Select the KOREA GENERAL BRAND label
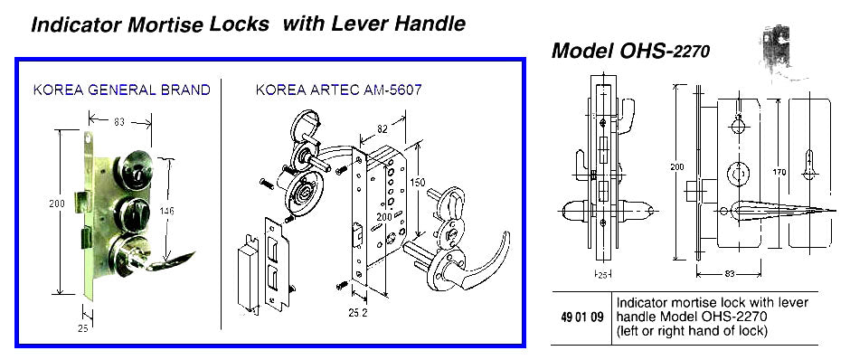121,90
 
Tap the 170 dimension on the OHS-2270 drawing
780,172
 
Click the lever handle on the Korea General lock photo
172,262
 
